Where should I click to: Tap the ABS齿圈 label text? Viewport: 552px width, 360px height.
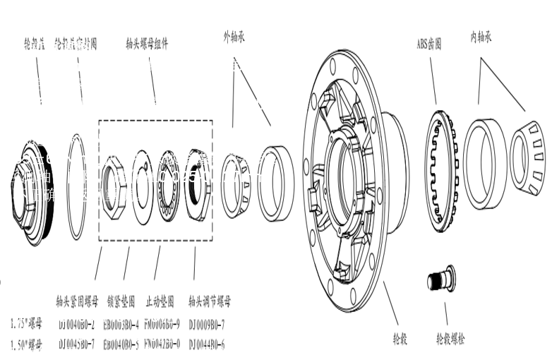428,44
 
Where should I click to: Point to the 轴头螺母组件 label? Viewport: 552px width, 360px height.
147,43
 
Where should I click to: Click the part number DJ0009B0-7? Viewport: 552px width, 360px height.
207,325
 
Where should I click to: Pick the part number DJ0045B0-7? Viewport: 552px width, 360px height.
77,345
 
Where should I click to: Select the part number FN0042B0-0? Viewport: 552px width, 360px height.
162,345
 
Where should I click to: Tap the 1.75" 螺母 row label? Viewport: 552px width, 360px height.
26,325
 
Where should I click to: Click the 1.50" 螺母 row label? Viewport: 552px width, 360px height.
26,345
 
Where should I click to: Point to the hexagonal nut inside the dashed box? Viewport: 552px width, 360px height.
114,187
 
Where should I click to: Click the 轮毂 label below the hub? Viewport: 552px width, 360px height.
401,337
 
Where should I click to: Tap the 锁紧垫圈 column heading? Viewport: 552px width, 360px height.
122,301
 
